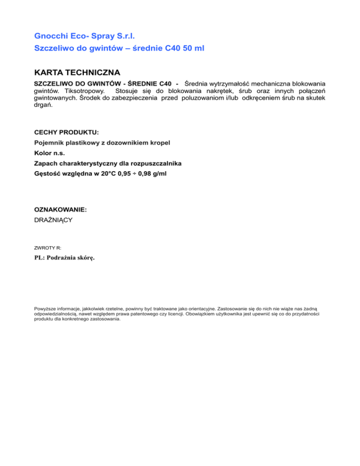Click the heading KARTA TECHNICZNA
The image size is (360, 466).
coord(77,73)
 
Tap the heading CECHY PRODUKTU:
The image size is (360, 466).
coord(67,133)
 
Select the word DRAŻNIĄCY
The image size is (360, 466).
coord(53,219)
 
